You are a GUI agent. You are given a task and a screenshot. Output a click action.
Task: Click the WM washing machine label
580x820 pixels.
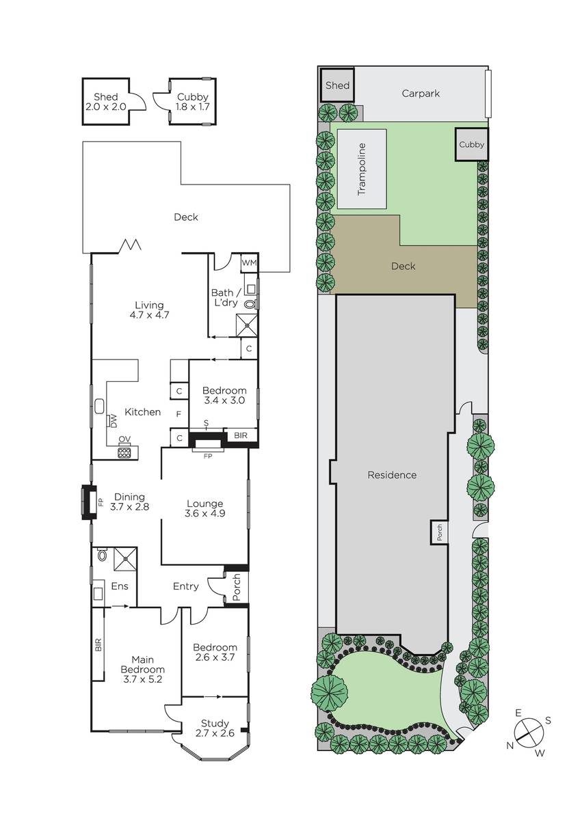[x=249, y=262]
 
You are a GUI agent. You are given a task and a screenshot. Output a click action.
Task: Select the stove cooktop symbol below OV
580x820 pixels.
[x=124, y=452]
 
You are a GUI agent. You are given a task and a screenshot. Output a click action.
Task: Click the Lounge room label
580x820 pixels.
[x=205, y=504]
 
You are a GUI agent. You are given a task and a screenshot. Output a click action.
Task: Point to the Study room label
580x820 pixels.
[x=215, y=724]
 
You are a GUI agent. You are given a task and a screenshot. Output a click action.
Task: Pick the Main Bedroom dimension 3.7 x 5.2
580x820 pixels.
[x=142, y=679]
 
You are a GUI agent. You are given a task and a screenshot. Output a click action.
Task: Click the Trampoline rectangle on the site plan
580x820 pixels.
[x=362, y=169]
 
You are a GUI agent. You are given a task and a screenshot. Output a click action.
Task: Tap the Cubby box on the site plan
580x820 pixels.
[x=471, y=144]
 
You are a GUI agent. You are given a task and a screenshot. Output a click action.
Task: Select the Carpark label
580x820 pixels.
[x=421, y=94]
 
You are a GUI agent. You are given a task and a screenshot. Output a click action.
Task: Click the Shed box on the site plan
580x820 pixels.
[x=337, y=85]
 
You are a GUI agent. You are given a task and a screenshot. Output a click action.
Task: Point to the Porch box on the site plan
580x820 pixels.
[x=439, y=532]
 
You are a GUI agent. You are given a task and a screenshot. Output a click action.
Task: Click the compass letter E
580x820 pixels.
[x=518, y=712]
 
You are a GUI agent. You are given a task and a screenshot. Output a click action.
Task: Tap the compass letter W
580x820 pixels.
[x=540, y=752]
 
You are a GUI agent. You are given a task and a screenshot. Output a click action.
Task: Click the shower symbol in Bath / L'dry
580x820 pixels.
[x=246, y=325]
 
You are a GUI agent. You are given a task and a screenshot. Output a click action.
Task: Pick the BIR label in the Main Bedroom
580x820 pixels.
[x=98, y=644]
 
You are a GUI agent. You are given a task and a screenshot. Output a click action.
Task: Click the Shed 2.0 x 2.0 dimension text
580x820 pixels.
[x=106, y=107]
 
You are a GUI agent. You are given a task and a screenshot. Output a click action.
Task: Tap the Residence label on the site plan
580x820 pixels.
[x=392, y=475]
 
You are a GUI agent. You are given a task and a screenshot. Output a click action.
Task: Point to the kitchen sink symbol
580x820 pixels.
[x=100, y=407]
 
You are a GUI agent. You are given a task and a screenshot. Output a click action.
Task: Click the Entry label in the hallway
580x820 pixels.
[x=186, y=586]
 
